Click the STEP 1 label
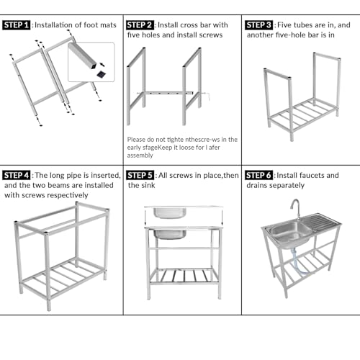tap(16, 25)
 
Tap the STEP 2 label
tap(140, 25)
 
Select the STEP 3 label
tap(258, 25)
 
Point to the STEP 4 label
tap(16, 175)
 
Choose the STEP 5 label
tap(140, 175)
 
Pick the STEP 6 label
tap(258, 175)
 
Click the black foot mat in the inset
tap(101, 74)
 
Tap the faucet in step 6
tap(296, 208)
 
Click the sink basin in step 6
tap(291, 233)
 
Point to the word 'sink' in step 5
tap(149, 185)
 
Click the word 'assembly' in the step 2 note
tap(140, 156)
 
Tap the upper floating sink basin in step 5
tap(170, 212)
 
